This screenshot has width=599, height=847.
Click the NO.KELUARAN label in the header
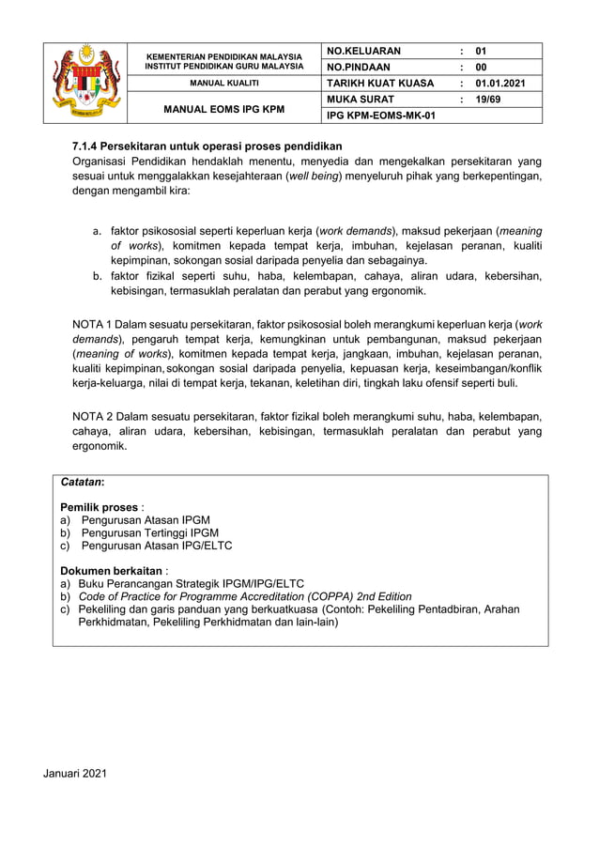[x=363, y=51]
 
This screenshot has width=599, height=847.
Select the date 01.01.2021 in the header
[x=500, y=84]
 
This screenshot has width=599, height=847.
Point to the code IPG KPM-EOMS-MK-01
[x=380, y=115]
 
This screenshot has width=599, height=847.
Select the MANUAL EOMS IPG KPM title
[x=224, y=108]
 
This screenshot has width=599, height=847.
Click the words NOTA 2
[x=93, y=416]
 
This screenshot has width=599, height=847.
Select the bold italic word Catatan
[x=82, y=482]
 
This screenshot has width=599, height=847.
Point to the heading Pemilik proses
[x=99, y=506]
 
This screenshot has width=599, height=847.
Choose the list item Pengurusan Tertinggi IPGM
[x=149, y=531]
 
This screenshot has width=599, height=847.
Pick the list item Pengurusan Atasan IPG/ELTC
[x=156, y=545]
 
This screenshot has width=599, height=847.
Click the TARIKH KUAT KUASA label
[x=379, y=84]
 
